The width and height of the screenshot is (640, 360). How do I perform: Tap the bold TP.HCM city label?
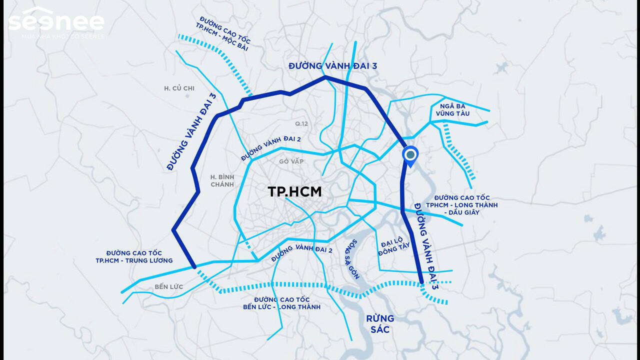click(294, 191)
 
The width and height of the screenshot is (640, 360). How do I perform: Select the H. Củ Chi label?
click(179, 88)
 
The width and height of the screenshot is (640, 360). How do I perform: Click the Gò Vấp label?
click(292, 161)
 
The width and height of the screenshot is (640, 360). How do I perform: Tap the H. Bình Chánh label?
click(222, 180)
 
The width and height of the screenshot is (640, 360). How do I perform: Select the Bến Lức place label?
click(168, 287)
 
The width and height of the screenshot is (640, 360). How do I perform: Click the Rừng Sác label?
click(380, 323)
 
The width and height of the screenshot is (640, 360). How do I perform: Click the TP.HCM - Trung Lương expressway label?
click(134, 257)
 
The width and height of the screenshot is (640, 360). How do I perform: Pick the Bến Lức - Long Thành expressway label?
click(281, 303)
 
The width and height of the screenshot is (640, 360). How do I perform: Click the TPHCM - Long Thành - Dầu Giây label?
click(465, 205)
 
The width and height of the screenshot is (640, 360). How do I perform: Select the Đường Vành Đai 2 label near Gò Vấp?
click(271, 148)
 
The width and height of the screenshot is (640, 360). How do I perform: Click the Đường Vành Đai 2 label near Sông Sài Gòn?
click(301, 254)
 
